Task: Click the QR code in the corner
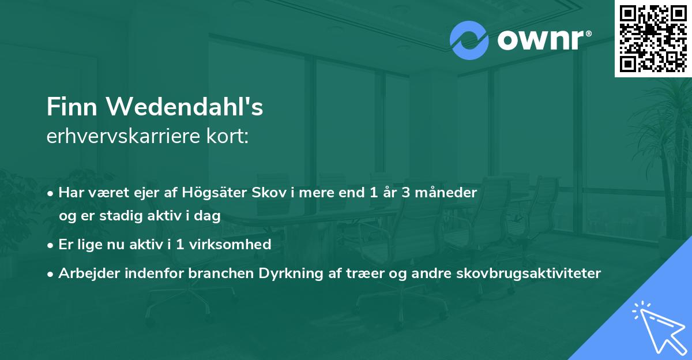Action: point(653,38)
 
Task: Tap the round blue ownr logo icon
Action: point(469,40)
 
